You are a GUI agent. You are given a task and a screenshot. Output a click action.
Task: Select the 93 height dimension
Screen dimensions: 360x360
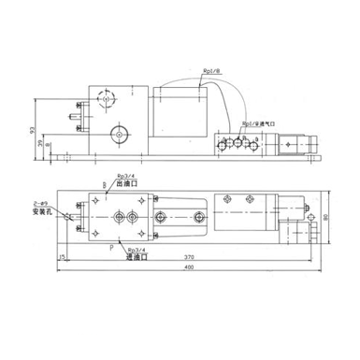[35, 128]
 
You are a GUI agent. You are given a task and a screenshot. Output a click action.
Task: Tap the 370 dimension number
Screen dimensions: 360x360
[191, 256]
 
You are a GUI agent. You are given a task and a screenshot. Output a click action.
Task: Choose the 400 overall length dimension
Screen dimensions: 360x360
[191, 269]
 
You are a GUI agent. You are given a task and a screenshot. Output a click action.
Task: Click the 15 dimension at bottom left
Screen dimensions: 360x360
[62, 256]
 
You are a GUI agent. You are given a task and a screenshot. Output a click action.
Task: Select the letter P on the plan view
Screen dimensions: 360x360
[113, 246]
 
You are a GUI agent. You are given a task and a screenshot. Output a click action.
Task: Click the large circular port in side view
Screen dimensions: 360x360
[119, 136]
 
